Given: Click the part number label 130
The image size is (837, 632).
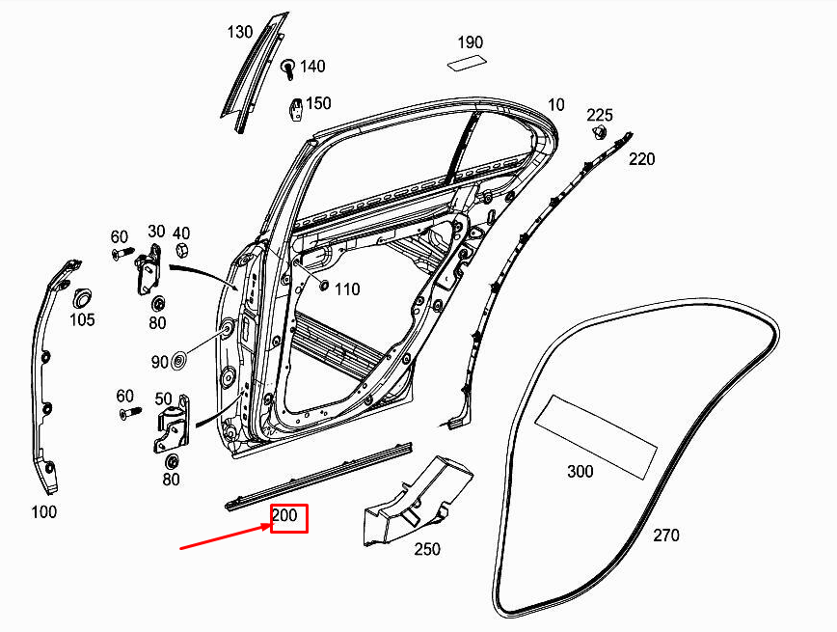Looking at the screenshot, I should [240, 32].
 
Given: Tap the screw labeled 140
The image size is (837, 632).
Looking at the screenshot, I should [287, 69].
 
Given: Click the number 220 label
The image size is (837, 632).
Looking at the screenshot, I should [642, 158].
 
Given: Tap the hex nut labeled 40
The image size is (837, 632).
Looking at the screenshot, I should [180, 252].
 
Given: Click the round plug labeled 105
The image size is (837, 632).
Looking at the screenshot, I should [81, 293].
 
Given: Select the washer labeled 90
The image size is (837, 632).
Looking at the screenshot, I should [179, 362].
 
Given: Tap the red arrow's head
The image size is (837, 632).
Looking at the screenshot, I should [269, 526].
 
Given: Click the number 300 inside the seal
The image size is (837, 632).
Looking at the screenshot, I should [580, 471].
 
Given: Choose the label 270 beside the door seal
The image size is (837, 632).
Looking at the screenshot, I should [666, 535].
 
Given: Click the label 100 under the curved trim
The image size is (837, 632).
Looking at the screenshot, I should [44, 512].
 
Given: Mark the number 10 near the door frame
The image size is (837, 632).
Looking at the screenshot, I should [556, 104].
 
